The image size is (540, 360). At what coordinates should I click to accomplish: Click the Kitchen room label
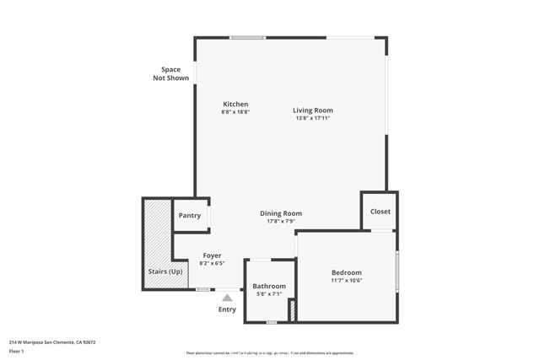(235, 104)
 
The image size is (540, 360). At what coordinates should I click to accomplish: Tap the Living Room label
(313, 110)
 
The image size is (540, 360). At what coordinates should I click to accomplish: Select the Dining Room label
(281, 213)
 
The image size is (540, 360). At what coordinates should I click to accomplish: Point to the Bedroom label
(346, 272)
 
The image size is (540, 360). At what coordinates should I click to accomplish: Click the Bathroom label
(269, 286)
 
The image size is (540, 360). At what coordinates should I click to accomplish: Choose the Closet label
(380, 212)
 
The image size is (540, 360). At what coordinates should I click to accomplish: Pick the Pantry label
(190, 216)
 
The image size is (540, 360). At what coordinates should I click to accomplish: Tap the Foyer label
(212, 255)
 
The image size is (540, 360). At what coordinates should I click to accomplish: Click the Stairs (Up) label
(165, 271)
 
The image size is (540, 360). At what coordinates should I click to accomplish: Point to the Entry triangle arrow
(227, 297)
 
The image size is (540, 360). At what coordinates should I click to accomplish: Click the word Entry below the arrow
(227, 309)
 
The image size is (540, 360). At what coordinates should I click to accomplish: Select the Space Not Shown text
(170, 73)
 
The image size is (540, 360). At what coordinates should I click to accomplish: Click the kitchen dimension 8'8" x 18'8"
(235, 111)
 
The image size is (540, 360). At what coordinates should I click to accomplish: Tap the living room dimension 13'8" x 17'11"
(313, 118)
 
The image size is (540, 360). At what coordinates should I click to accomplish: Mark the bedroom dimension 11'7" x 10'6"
(346, 280)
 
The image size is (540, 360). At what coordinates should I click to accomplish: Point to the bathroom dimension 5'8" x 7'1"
(269, 293)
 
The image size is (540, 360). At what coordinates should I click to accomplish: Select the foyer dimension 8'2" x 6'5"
(212, 263)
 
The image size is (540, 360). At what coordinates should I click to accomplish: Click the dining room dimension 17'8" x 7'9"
(281, 221)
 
